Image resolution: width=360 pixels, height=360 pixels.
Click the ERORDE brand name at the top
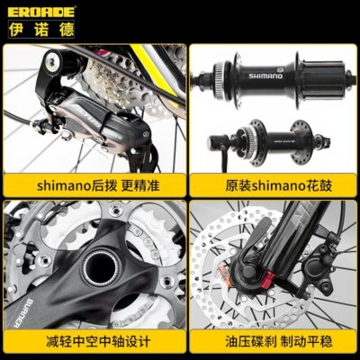click(41, 12)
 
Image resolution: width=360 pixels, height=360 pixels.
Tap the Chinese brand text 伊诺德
click(41, 30)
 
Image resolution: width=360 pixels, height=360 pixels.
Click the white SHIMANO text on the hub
click(265, 76)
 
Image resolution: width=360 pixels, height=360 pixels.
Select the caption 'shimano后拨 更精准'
click(98, 186)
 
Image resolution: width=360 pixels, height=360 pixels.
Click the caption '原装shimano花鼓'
click(279, 186)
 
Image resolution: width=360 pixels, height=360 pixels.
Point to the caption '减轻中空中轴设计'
click(98, 341)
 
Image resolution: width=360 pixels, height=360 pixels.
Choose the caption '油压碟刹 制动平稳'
click(279, 341)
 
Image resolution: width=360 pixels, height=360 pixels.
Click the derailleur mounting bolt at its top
click(52, 62)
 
